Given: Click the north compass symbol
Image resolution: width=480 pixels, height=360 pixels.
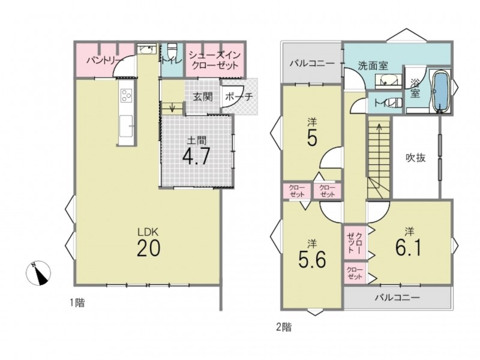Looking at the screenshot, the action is click(x=38, y=274).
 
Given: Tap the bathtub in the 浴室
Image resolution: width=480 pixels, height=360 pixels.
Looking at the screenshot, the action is click(x=440, y=91).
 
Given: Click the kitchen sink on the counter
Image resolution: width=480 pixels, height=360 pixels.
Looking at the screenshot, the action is click(x=126, y=126).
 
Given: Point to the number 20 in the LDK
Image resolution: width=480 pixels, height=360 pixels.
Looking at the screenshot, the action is click(x=148, y=248).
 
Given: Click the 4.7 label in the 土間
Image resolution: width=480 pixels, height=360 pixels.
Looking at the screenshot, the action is click(x=196, y=156).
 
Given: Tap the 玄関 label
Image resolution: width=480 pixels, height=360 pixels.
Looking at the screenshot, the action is click(x=203, y=97).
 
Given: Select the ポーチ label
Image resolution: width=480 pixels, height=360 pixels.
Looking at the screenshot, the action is click(x=239, y=97).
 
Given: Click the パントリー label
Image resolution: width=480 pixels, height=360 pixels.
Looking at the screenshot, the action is click(x=103, y=59).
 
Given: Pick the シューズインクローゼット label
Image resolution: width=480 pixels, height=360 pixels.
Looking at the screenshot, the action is click(x=214, y=61).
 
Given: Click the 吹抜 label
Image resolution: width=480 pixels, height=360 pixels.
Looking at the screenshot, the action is click(x=415, y=158).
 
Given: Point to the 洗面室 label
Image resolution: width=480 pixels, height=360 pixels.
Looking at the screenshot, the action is click(x=373, y=65).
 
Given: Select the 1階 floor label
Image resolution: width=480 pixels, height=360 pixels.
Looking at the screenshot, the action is click(x=77, y=303).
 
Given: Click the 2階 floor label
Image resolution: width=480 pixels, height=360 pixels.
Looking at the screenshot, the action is click(x=284, y=327).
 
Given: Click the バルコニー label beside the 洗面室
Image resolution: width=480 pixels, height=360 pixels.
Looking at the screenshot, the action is click(x=312, y=64).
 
